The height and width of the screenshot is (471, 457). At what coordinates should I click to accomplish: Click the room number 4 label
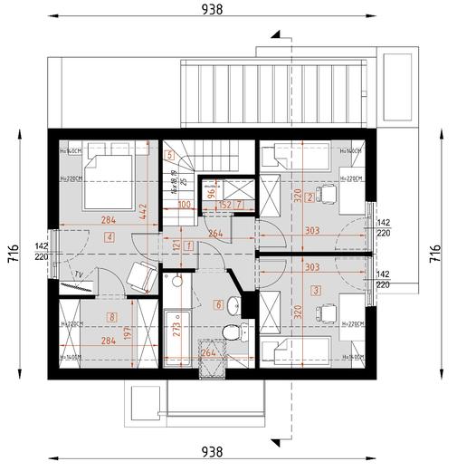coord(109,237)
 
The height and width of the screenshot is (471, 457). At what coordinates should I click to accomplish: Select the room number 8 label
coord(109,316)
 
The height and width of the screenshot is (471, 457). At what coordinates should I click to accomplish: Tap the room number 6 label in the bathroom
coord(217,303)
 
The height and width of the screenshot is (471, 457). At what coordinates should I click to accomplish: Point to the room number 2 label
coord(309,197)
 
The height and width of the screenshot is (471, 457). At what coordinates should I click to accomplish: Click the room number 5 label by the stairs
coord(169,155)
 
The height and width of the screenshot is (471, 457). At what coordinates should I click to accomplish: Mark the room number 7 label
coord(240,206)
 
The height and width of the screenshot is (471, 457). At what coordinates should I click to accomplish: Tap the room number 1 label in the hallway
coord(187,245)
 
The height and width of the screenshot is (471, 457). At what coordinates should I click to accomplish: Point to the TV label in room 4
coord(80,274)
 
